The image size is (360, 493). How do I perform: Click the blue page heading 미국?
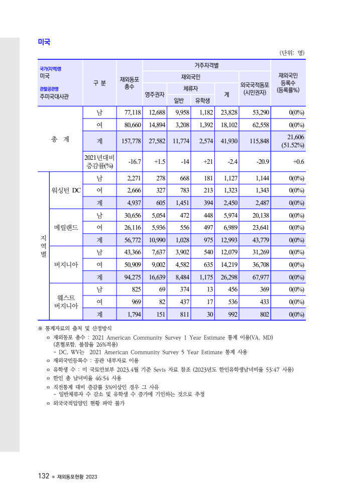click(44, 42)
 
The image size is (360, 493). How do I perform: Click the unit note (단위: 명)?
click(292, 53)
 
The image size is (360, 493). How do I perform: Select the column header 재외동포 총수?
click(129, 83)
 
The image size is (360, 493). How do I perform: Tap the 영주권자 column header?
click(155, 94)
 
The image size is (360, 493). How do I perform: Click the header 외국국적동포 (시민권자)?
click(255, 89)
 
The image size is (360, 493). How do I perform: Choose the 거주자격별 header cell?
click(206, 65)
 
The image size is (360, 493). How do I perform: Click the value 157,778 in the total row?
click(129, 141)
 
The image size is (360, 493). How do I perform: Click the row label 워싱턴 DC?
click(66, 190)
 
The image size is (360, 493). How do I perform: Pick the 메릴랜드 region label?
click(66, 227)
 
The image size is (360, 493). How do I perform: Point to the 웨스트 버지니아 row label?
click(66, 302)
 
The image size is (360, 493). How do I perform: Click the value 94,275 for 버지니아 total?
click(129, 277)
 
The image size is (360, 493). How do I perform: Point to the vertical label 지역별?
click(43, 246)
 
